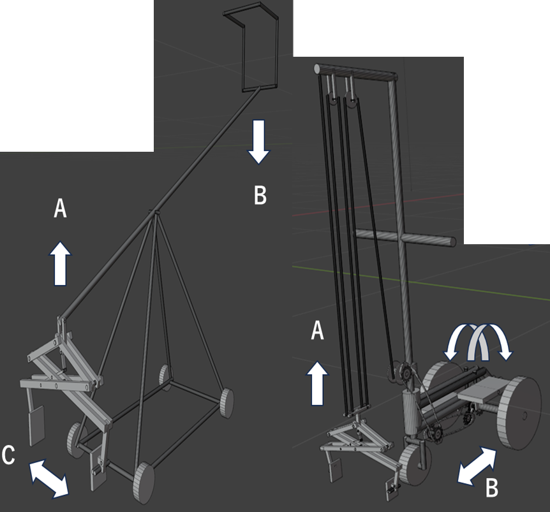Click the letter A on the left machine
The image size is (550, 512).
[60, 209]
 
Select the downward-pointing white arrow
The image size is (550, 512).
[259, 142]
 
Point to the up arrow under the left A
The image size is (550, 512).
[60, 263]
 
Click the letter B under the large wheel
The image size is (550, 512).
[492, 488]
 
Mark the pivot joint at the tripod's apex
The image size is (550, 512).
[154, 213]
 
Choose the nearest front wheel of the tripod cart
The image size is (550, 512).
[144, 483]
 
